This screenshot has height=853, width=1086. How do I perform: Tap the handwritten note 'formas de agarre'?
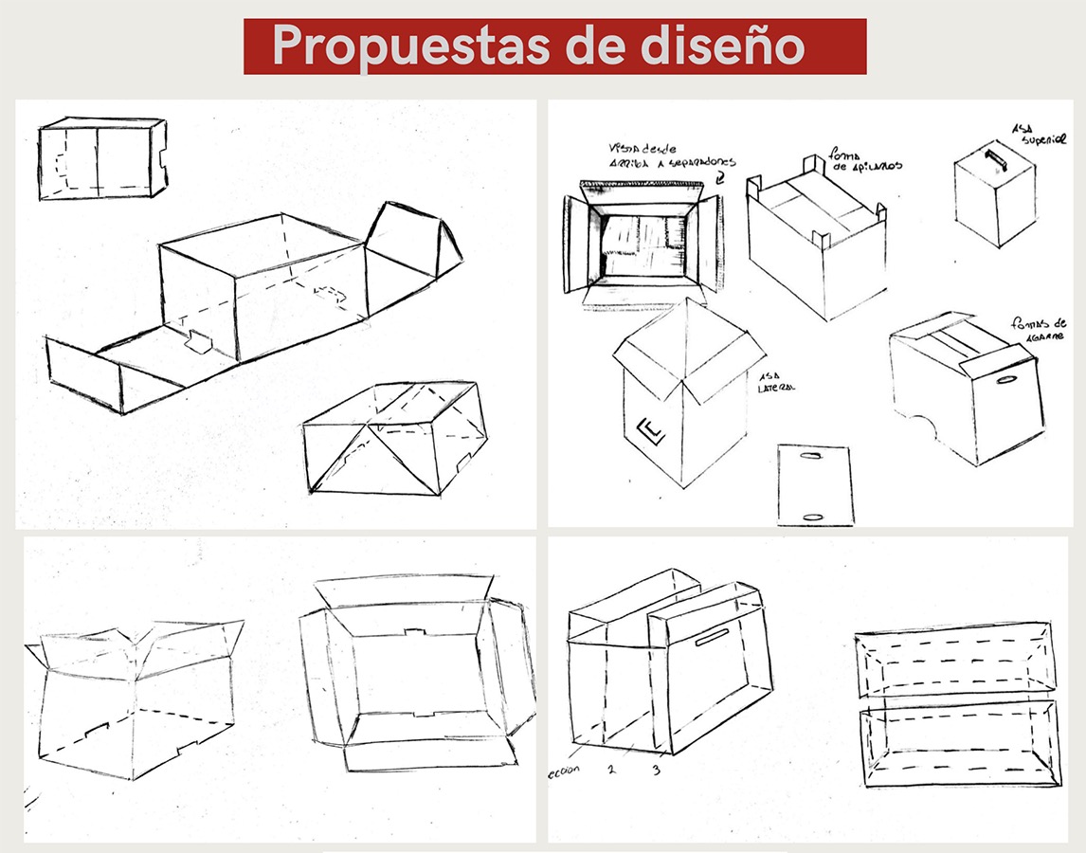[1040, 329]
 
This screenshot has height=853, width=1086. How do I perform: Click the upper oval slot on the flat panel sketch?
[813, 458]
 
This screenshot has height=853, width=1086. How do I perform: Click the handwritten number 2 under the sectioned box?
[612, 768]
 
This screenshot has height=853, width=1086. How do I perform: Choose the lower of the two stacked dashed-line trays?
[959, 741]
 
